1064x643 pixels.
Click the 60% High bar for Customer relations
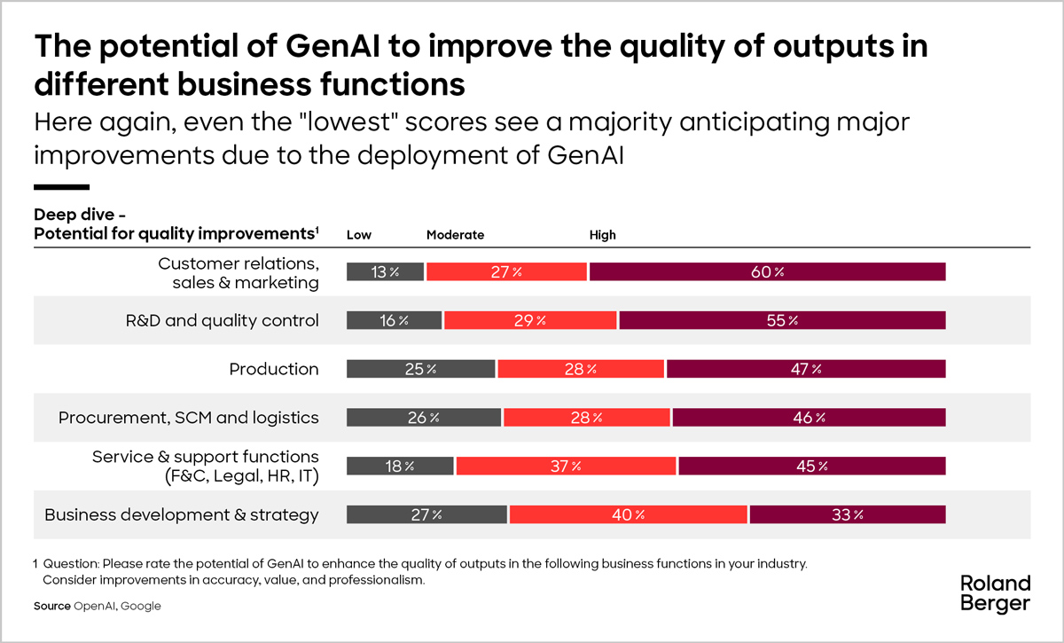tap(767, 272)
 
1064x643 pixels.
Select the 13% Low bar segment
tap(385, 272)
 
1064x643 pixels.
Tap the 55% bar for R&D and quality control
tap(782, 321)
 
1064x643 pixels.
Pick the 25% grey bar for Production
tap(420, 369)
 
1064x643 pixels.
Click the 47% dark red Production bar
tap(806, 369)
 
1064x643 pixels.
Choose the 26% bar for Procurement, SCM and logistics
tap(424, 418)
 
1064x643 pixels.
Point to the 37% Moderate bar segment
tap(566, 466)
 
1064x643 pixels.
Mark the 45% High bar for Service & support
tap(811, 466)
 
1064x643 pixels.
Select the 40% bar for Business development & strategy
tap(629, 514)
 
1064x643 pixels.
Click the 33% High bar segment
tap(847, 514)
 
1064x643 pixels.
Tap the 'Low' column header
tap(359, 235)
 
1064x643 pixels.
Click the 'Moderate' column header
tap(455, 235)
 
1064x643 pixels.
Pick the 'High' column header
tap(603, 235)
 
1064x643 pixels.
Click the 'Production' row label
tap(274, 369)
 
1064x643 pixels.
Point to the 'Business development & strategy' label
tap(182, 514)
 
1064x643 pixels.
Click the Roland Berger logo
tap(996, 593)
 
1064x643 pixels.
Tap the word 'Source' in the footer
tap(52, 606)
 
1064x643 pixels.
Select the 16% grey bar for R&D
tap(394, 321)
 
